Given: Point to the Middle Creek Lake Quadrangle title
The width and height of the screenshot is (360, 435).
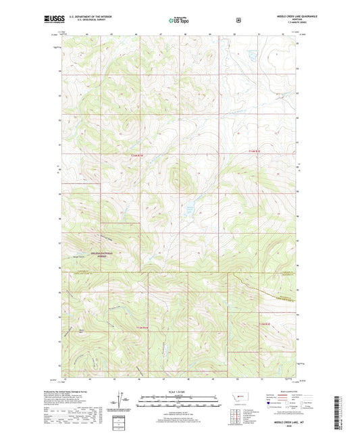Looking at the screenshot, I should point(277,16).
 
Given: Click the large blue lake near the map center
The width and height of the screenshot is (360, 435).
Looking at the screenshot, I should point(190,204).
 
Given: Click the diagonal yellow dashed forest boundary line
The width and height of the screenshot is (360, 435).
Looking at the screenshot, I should point(263,290).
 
